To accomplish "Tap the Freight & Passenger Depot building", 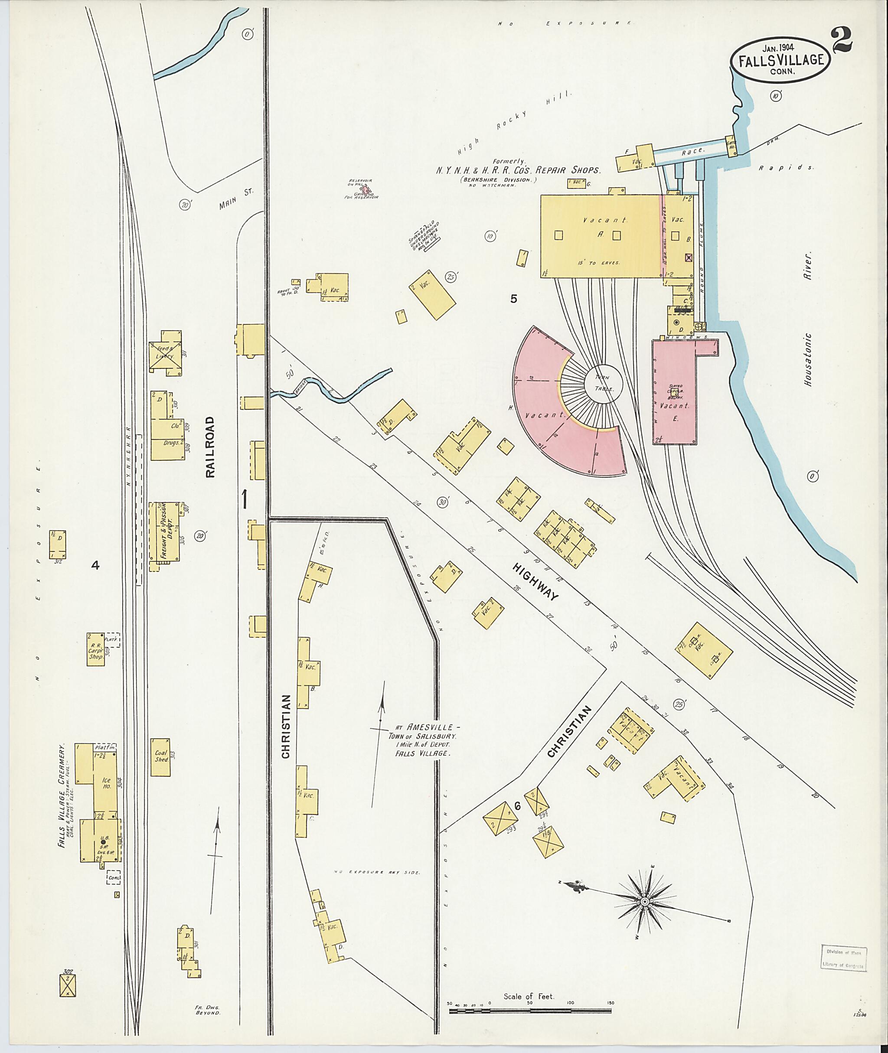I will (x=165, y=531).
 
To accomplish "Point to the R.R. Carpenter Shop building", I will (x=96, y=649).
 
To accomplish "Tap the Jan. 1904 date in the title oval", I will (x=778, y=48).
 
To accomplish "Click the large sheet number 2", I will (x=842, y=41).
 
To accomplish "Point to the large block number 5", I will (x=513, y=299).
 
